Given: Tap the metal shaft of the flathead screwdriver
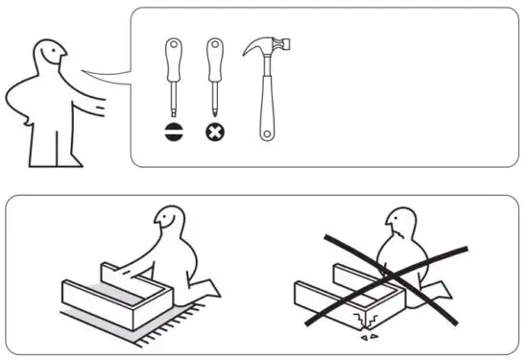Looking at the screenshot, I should coord(174,96).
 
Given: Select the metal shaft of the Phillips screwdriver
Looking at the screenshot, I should coord(215,96).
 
